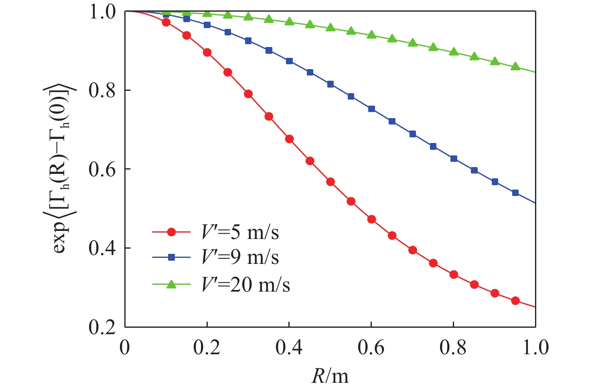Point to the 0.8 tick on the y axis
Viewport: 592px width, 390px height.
click(x=102, y=91)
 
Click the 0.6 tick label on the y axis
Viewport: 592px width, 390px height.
click(x=102, y=169)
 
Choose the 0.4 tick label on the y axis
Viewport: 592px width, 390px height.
click(x=102, y=248)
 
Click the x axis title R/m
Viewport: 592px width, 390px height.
click(x=330, y=376)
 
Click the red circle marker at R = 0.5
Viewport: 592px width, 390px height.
click(x=330, y=182)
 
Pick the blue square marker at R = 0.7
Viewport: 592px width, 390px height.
click(x=413, y=134)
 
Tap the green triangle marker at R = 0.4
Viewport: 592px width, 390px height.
click(x=289, y=21)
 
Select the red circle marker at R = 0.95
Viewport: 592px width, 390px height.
click(x=515, y=301)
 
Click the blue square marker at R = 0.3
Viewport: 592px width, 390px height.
click(x=248, y=41)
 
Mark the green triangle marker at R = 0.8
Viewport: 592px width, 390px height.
click(x=454, y=51)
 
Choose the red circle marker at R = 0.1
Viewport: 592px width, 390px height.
click(x=166, y=22)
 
